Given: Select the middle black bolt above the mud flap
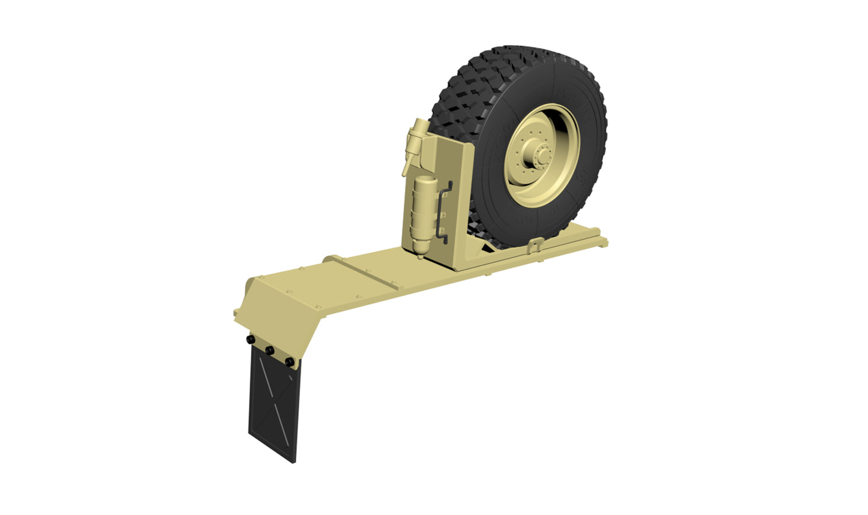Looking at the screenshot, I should click(x=270, y=351).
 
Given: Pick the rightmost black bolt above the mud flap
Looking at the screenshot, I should click(x=290, y=362).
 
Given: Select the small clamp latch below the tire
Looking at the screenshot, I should click(x=536, y=245).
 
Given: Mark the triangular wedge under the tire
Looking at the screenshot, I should click(x=489, y=246).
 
